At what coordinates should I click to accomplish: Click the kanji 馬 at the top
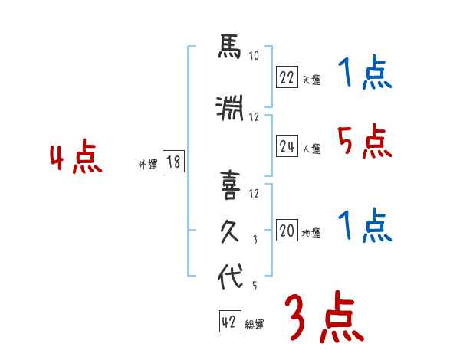230,50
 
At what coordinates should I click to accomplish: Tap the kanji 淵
230,111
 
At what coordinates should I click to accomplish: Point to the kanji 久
230,231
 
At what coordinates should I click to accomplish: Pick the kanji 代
230,277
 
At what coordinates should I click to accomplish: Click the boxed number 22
287,77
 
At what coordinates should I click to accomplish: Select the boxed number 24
287,147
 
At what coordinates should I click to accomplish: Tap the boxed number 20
287,231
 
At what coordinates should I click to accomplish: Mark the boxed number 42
229,322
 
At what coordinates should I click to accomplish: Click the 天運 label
311,79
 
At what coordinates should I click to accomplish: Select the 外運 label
147,163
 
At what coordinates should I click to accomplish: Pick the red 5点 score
364,142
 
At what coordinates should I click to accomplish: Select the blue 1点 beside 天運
365,74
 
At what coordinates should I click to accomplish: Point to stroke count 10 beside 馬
254,55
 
